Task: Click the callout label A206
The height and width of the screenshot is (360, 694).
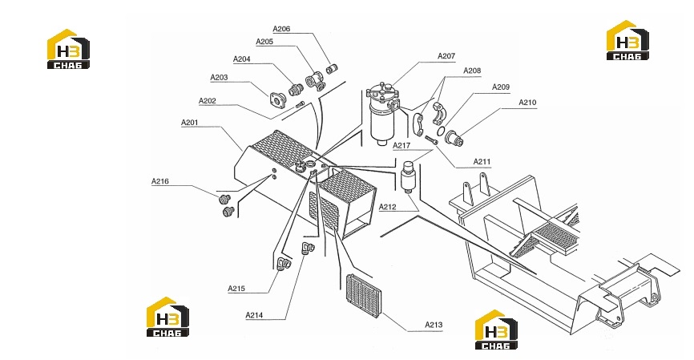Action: tap(281, 29)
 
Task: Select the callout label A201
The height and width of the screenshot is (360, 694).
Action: tap(190, 122)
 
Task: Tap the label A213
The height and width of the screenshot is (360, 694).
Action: tap(434, 325)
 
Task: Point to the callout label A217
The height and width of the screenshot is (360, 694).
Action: tap(401, 145)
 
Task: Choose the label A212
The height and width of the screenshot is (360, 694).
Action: tap(388, 207)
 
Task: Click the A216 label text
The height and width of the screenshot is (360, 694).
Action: tap(160, 181)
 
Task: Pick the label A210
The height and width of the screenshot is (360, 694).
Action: tap(527, 103)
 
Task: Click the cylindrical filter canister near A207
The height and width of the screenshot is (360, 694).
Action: tap(383, 113)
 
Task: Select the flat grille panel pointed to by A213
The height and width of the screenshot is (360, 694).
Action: tap(363, 296)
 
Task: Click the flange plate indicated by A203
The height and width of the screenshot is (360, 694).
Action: tap(277, 100)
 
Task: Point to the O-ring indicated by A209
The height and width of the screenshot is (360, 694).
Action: tap(441, 131)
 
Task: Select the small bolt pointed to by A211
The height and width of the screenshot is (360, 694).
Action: tap(431, 140)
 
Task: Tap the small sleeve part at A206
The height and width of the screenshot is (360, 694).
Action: tap(332, 69)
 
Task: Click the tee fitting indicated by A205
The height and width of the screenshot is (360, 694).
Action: tap(315, 82)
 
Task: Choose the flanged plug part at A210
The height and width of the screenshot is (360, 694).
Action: tap(454, 137)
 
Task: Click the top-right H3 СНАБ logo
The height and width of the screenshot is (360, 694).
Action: tap(627, 40)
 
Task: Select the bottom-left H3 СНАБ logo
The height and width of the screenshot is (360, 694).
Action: tap(167, 317)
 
